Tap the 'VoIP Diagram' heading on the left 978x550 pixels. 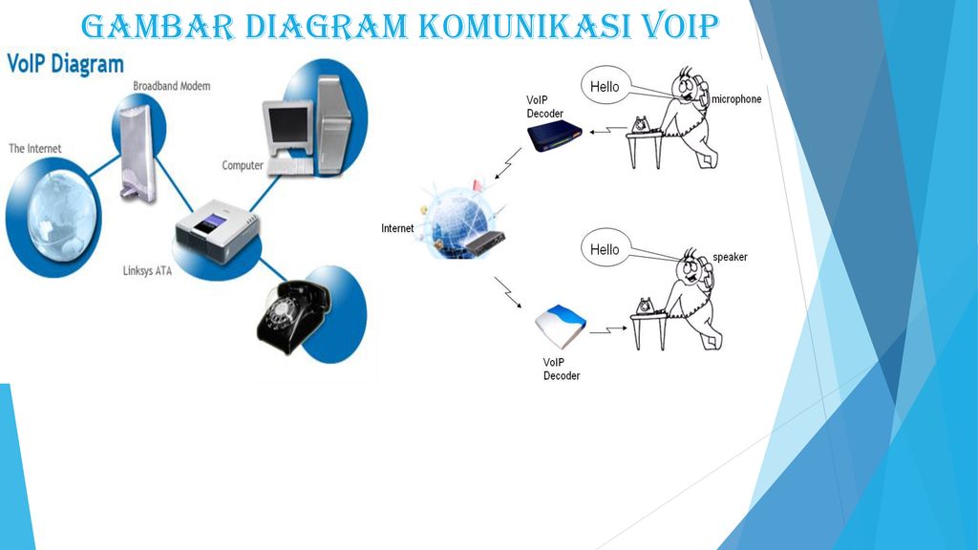pos(66,65)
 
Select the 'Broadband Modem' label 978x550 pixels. pos(172,86)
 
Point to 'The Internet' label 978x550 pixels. pos(35,149)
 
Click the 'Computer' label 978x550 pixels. pos(243,165)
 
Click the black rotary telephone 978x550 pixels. pos(290,314)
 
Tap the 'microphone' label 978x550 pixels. pos(736,99)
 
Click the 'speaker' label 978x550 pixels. pos(730,257)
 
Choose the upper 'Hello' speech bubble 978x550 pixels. pos(605,87)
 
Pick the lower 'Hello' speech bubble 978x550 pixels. pos(605,249)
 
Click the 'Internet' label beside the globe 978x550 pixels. pos(397,228)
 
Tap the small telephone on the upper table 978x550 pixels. pos(641,124)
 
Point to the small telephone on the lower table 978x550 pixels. pos(645,305)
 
